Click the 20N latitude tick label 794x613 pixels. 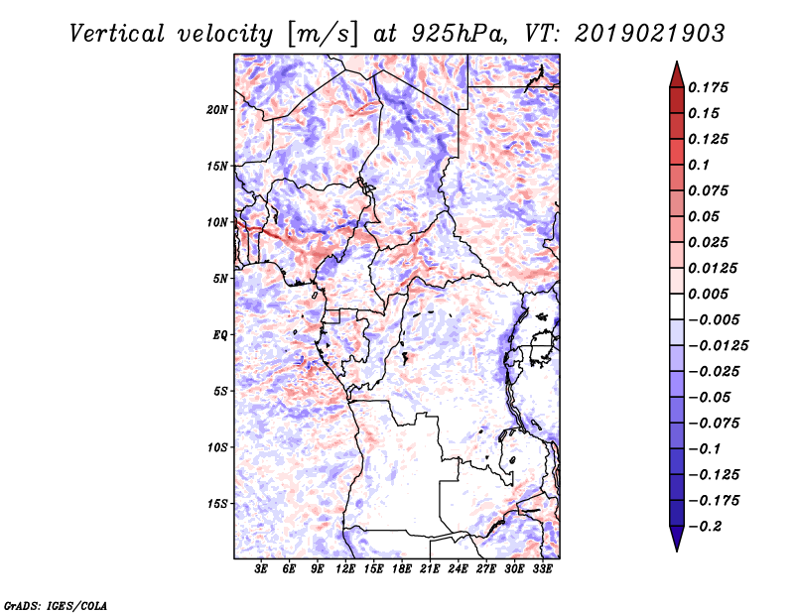[x=217, y=110]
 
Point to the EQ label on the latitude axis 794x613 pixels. [x=219, y=335]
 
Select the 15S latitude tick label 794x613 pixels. [x=217, y=504]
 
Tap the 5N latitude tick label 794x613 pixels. [x=220, y=279]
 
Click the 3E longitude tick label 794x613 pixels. [x=261, y=568]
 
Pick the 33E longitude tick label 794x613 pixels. [x=542, y=568]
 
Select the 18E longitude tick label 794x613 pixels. [x=402, y=568]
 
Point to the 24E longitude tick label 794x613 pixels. [x=458, y=568]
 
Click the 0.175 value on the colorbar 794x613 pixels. [x=708, y=87]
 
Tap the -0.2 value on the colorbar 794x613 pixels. [x=705, y=527]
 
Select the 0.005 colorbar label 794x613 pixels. [x=708, y=294]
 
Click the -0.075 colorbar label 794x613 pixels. [x=714, y=424]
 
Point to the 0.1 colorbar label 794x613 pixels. [x=699, y=165]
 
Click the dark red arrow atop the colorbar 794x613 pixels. [x=677, y=74]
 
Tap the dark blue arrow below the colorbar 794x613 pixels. [x=677, y=539]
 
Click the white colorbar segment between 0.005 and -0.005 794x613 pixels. [x=677, y=306]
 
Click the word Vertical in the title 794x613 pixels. [x=117, y=35]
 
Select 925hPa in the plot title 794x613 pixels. [x=460, y=35]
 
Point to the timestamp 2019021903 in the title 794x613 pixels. [x=650, y=35]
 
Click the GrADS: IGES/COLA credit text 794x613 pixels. [x=56, y=605]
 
